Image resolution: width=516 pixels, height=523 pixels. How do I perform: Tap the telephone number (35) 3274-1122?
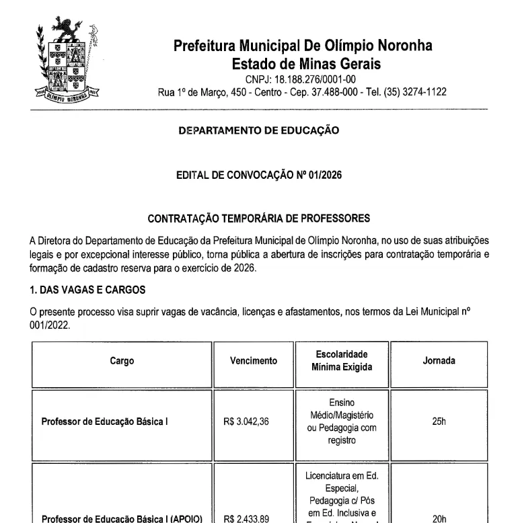[x=416, y=92]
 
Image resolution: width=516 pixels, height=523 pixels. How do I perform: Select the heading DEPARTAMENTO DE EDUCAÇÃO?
[x=258, y=130]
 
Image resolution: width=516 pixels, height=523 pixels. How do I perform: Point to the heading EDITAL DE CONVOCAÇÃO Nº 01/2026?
[x=258, y=175]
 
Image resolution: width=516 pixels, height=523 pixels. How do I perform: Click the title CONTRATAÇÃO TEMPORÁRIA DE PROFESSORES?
[x=258, y=218]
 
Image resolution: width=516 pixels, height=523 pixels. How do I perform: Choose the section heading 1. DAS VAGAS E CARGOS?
[x=87, y=290]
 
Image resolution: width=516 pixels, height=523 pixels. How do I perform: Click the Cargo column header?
[x=122, y=361]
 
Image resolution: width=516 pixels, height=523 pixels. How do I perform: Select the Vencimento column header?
[x=254, y=361]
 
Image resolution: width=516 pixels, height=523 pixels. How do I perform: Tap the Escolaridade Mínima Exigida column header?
[x=342, y=361]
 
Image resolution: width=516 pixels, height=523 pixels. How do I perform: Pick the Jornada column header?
[x=439, y=361]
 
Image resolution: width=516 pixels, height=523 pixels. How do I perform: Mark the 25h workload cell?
[x=439, y=422]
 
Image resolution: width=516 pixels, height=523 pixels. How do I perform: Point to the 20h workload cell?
[x=439, y=518]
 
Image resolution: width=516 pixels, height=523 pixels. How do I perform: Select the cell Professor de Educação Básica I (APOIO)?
[x=121, y=518]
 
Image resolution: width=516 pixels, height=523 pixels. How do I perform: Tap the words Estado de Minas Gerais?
[x=306, y=64]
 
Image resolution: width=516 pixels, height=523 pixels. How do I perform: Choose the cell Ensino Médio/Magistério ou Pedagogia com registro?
[x=342, y=422]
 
